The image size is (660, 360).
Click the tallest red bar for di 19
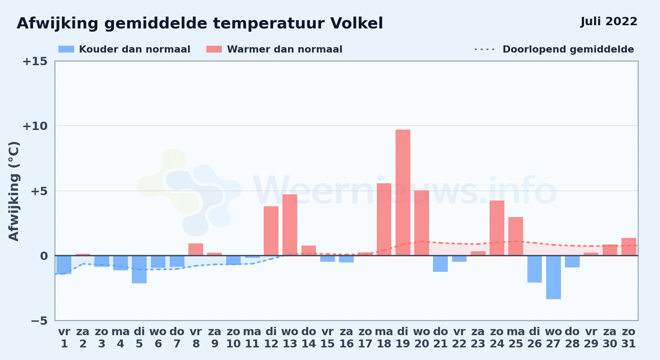[x=403, y=193]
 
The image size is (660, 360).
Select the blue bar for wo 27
[x=553, y=277]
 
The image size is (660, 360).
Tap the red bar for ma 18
[x=384, y=219]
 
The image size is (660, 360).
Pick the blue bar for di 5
[x=139, y=269]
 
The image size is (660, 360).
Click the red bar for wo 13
[x=290, y=225]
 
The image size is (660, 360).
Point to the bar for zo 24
[x=497, y=228]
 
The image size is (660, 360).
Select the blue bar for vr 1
[x=64, y=265]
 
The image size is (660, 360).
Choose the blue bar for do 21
[x=440, y=264]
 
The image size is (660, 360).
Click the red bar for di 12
[x=271, y=231]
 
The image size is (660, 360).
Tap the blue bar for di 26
[x=535, y=269]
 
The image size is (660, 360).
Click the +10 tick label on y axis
[x=35, y=126]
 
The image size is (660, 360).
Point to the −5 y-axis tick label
[x=39, y=321]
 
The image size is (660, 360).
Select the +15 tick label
[x=35, y=61]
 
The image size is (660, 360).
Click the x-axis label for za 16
[x=346, y=338]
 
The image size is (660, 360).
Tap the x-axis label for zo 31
[x=629, y=338]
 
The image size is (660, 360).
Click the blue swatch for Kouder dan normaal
[x=66, y=49]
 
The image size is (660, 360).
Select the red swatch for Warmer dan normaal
[x=214, y=49]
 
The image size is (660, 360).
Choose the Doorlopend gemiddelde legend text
[x=568, y=49]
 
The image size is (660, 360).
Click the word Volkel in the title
[x=357, y=23]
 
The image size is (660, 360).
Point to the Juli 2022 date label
[x=609, y=21]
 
